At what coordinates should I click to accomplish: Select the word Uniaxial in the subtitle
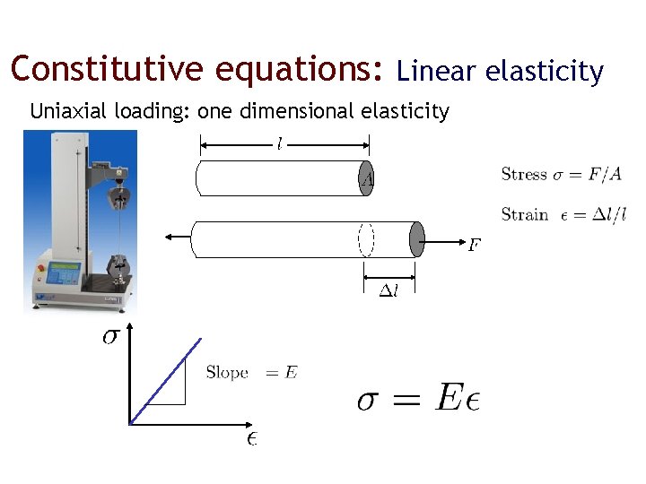coord(66,111)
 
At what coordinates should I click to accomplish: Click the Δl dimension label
coord(388,290)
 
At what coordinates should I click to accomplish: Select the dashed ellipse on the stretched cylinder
coord(366,238)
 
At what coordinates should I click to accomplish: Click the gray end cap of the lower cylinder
coord(415,238)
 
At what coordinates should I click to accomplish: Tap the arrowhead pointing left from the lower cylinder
coord(168,238)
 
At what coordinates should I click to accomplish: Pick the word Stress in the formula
coord(524,174)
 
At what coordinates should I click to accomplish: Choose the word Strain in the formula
coord(525,214)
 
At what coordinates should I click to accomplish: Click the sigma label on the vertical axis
coord(109,338)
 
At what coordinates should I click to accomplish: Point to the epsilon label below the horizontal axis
coord(252,438)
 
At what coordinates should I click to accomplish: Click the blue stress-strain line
coord(165,380)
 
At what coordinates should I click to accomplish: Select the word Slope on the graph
coord(227,372)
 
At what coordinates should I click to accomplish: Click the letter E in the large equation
coord(450,398)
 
